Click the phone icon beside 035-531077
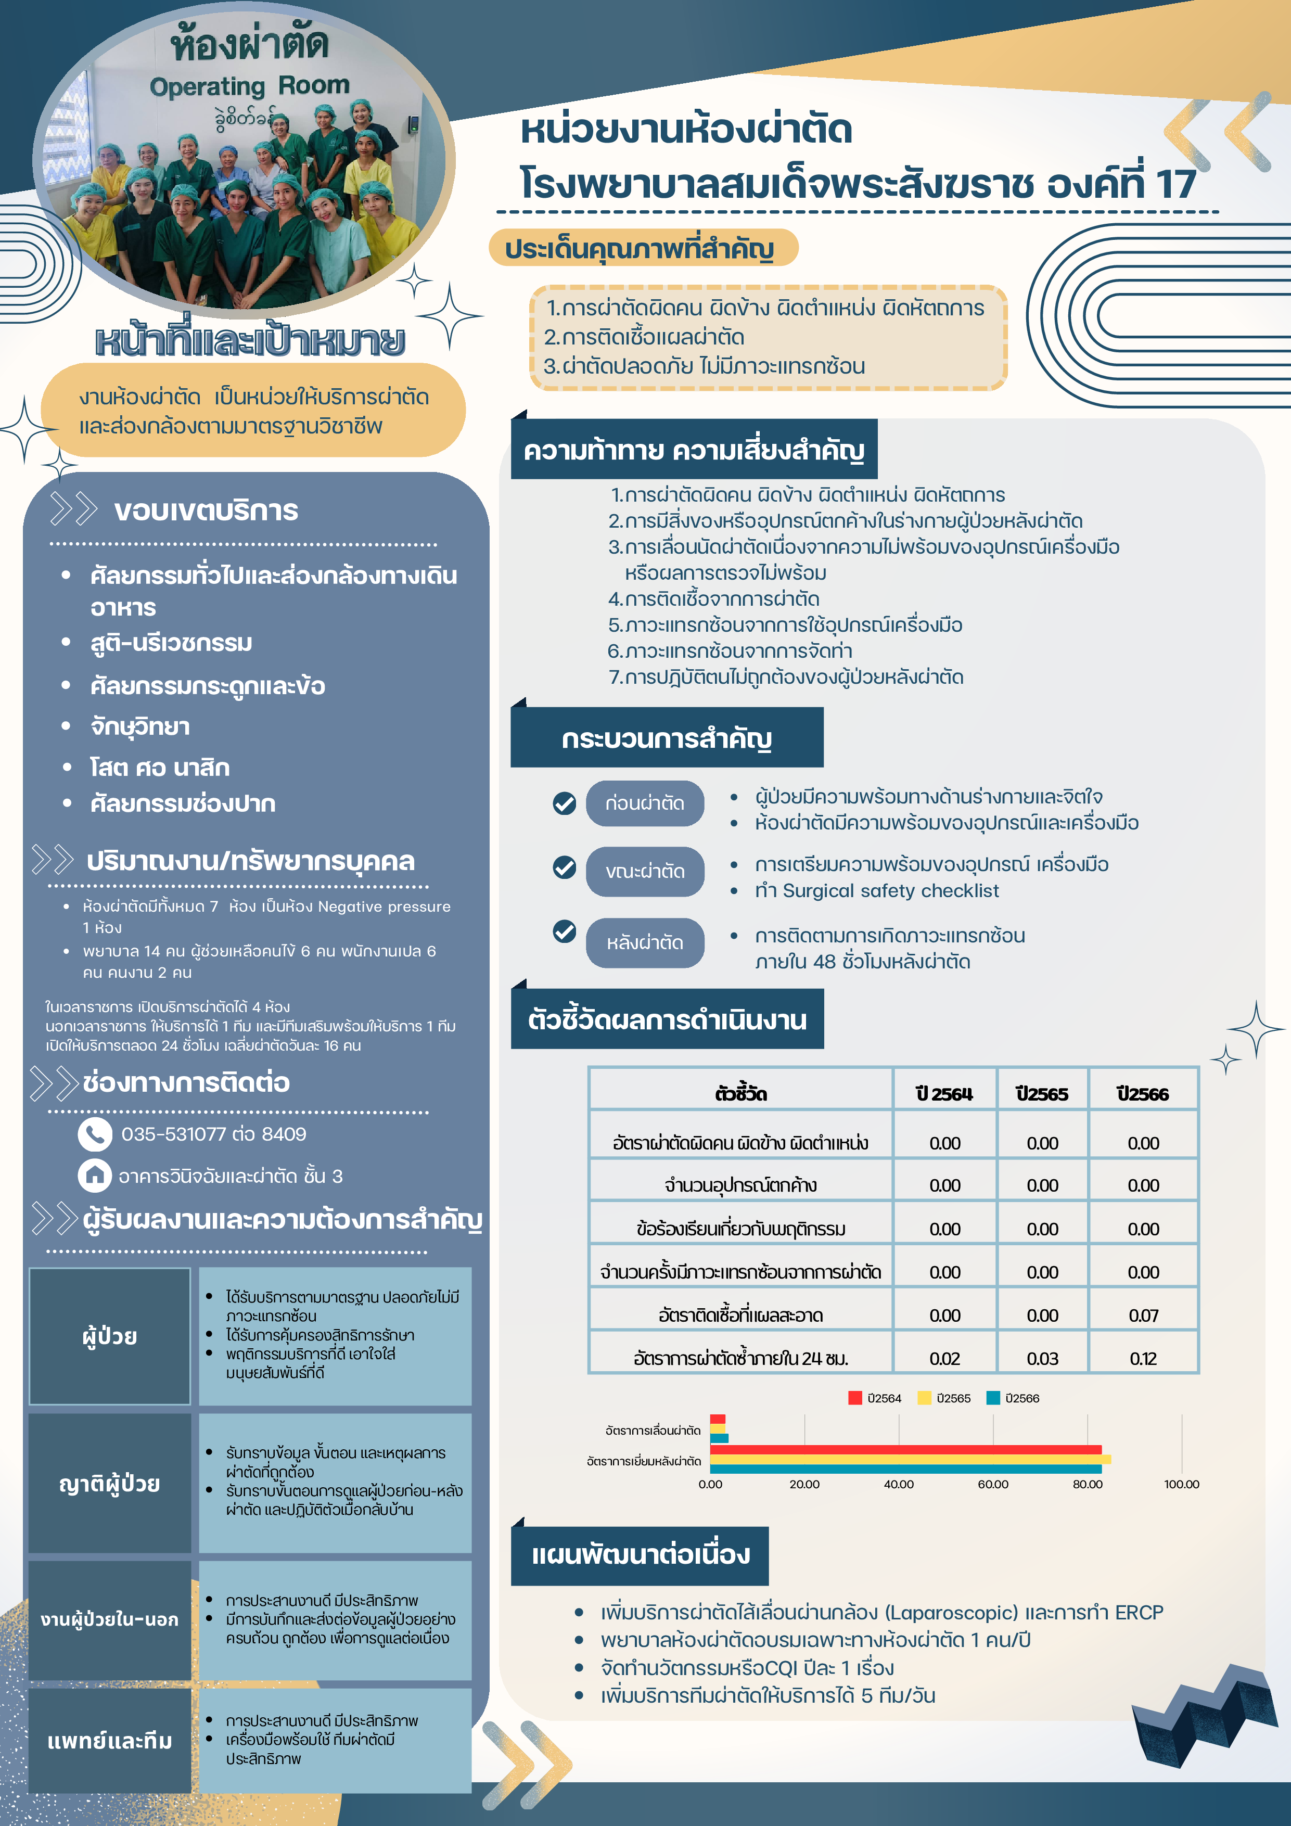point(95,1134)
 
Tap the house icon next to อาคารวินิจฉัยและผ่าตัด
point(95,1176)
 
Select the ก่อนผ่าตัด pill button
point(644,803)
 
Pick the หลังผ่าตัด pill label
point(644,942)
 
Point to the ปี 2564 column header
point(944,1093)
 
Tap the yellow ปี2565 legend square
point(924,1398)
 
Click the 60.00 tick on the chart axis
point(993,1484)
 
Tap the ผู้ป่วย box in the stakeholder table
point(110,1336)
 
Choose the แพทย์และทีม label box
point(110,1741)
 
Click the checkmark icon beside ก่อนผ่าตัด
point(564,803)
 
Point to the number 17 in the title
point(1175,185)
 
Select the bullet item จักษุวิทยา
point(140,726)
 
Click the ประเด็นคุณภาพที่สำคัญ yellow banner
point(643,248)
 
